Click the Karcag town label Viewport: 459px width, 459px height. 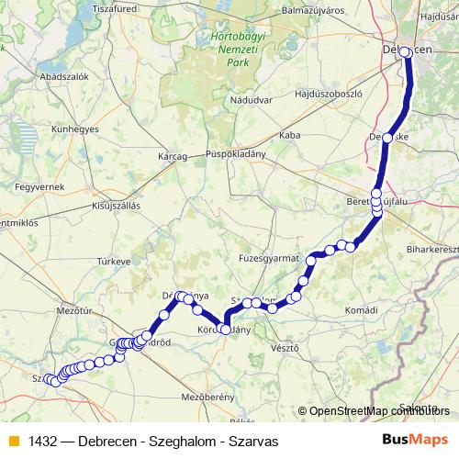coord(173,156)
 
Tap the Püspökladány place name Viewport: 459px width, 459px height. coord(236,153)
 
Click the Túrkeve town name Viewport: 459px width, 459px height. coord(115,261)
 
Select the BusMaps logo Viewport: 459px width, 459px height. coord(415,440)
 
